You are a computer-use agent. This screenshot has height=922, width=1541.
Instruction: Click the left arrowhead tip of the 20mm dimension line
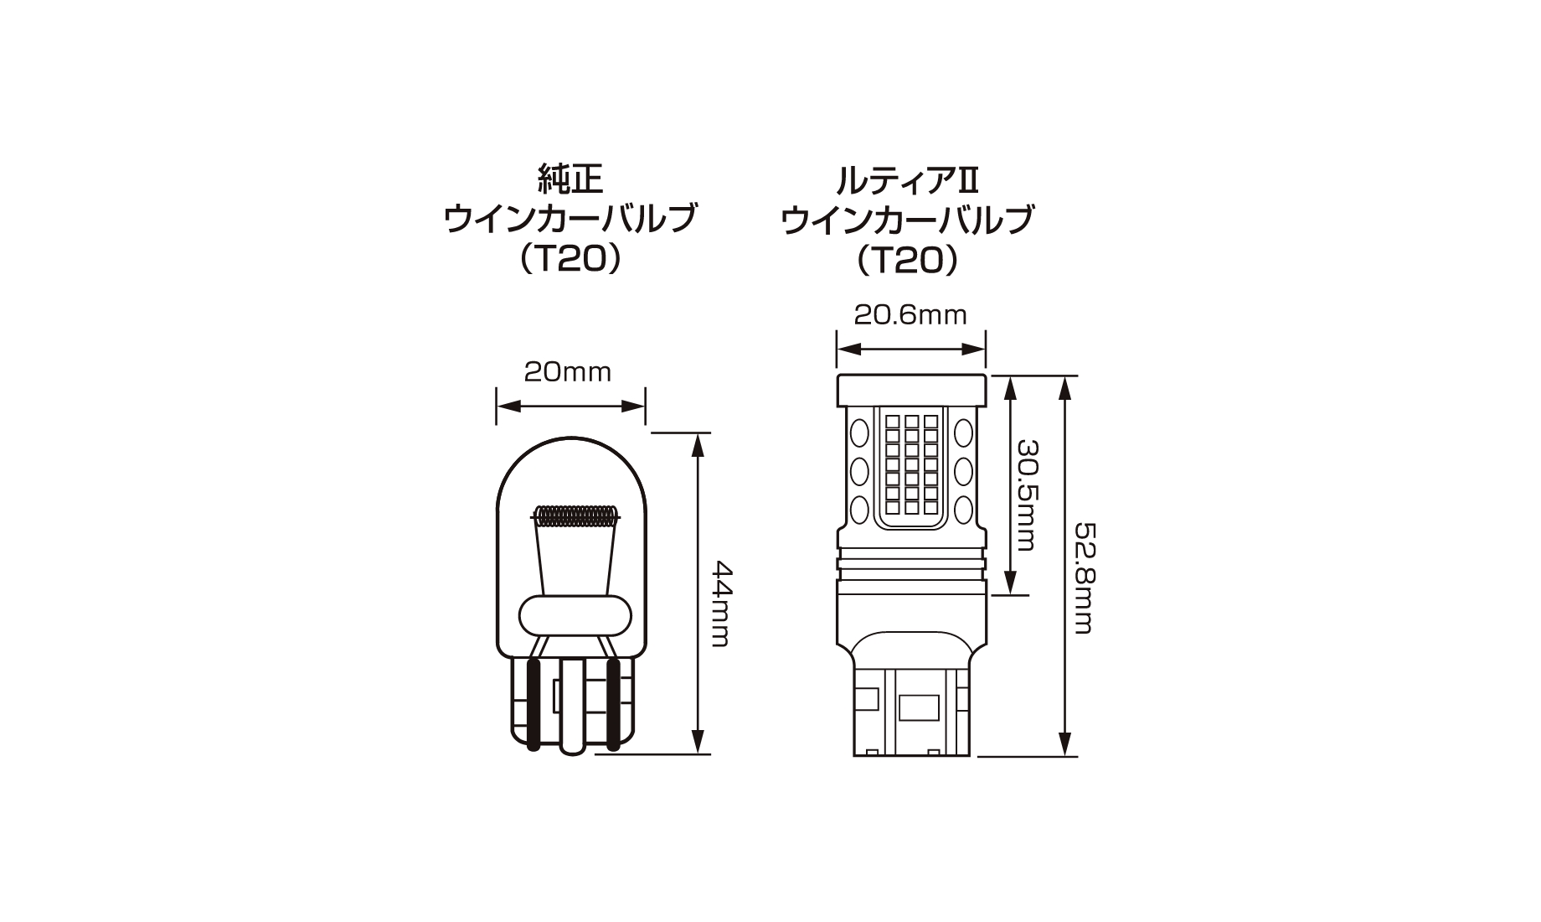pos(497,407)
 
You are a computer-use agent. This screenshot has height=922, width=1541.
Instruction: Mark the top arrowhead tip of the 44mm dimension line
pos(696,433)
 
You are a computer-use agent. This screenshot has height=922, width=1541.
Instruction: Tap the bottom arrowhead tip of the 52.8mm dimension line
pos(1065,756)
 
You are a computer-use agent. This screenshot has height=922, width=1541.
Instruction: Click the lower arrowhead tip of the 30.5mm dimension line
pos(1010,594)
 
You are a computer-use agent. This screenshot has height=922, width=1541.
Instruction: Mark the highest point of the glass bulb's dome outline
pos(571,433)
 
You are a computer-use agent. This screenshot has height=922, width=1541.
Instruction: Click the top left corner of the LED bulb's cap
pos(837,376)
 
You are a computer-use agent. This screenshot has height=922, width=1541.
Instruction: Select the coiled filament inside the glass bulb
pos(576,515)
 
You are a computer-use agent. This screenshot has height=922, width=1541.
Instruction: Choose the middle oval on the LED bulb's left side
pos(859,471)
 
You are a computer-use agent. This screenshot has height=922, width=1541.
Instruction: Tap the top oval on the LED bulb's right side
pos(963,433)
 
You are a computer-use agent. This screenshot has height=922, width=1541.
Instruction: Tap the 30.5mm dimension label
pos(1027,495)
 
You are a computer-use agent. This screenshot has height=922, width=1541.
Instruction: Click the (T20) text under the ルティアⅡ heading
pos(908,261)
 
